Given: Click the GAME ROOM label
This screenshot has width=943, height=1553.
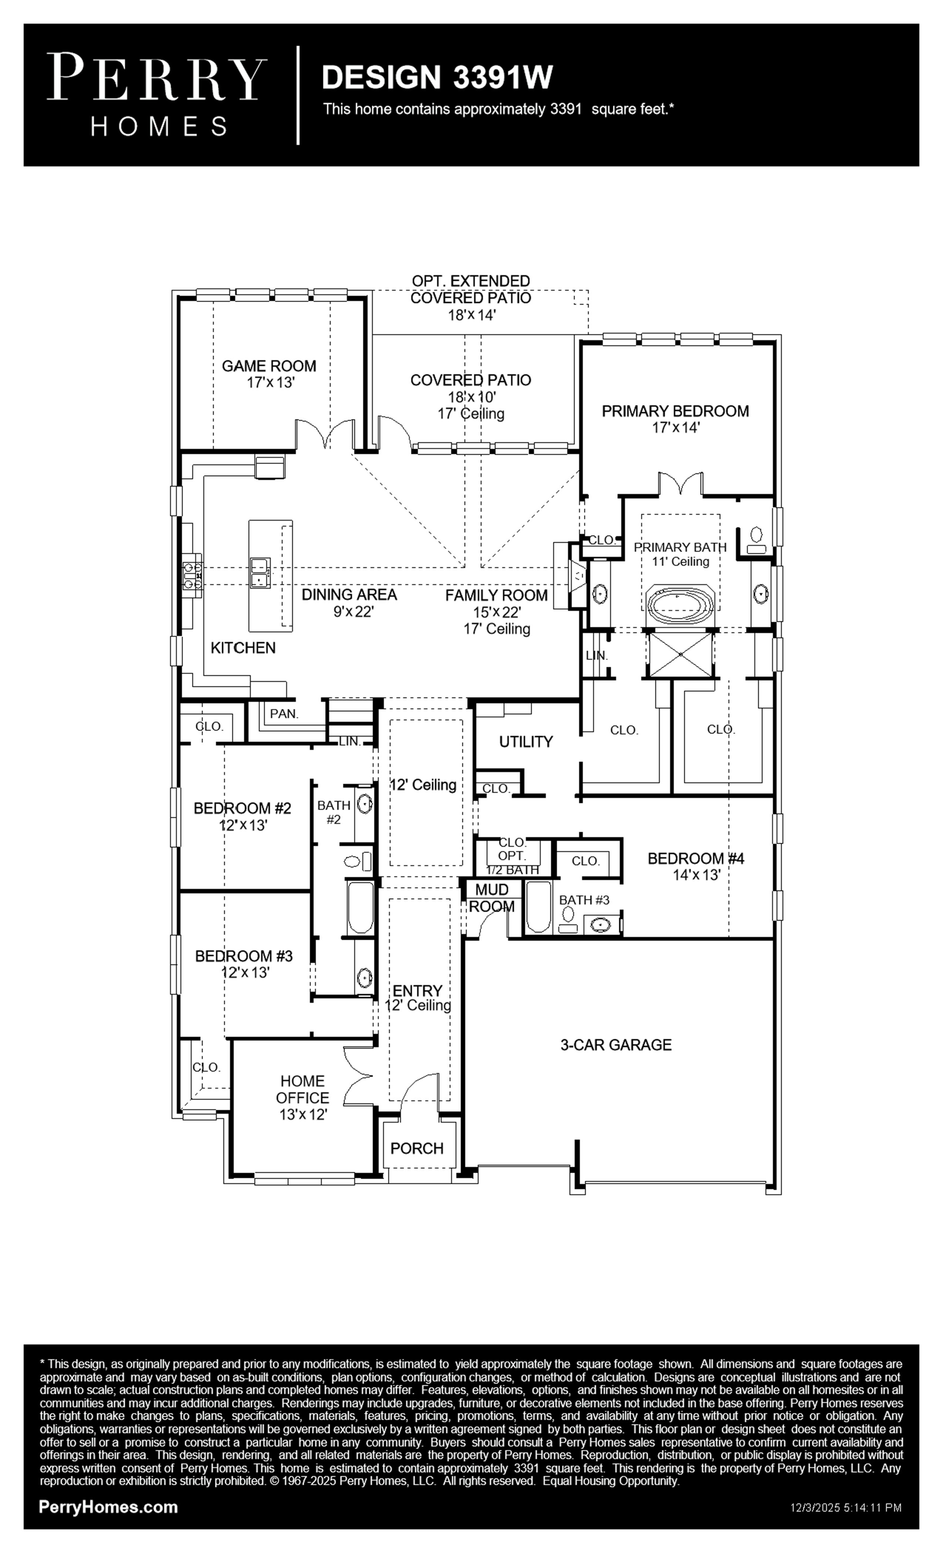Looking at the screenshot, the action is [269, 366].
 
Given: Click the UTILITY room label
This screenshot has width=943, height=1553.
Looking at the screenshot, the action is [526, 741].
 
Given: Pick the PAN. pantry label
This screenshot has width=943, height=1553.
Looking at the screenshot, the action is [284, 714].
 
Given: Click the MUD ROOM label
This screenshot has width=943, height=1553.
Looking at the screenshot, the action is [492, 898].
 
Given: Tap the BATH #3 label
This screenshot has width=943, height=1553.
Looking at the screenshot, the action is [584, 900].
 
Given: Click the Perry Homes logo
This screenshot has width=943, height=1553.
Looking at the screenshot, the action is [157, 95].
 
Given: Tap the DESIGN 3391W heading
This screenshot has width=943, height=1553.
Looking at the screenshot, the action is [437, 78].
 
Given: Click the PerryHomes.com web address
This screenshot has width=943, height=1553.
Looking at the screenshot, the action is [108, 1507].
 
